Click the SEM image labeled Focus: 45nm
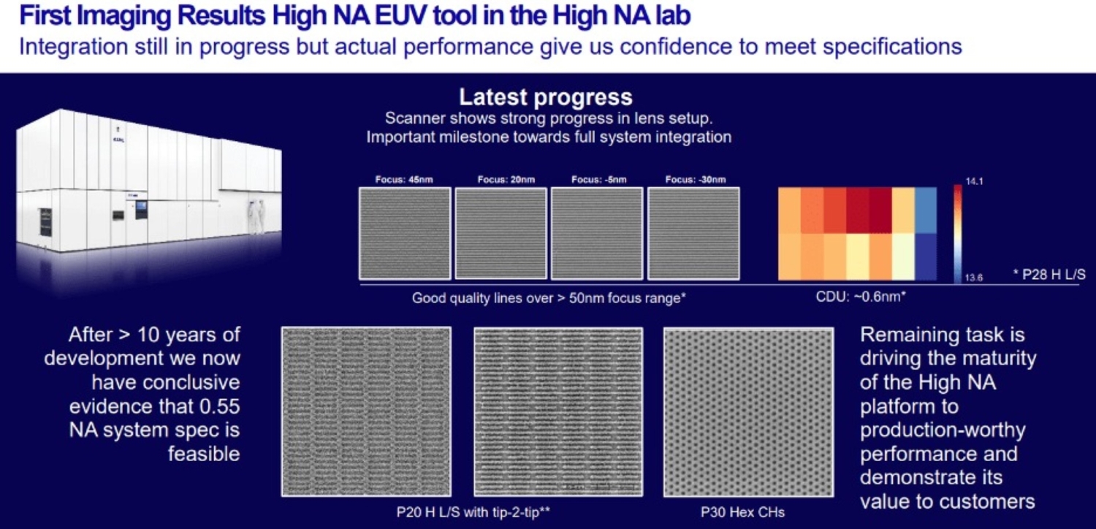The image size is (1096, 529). (405, 233)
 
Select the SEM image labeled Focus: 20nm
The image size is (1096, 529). (501, 233)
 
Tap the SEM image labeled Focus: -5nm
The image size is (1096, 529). (597, 233)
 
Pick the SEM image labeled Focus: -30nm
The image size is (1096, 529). (693, 233)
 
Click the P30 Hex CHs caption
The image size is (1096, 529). (742, 512)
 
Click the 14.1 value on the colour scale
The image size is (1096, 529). (975, 182)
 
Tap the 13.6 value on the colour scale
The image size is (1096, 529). (975, 278)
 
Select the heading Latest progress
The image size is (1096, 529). (545, 97)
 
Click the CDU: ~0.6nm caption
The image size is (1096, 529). (861, 297)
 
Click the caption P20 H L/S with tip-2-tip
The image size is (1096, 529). (473, 512)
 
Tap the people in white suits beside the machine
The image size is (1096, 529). (256, 215)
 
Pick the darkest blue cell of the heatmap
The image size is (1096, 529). (926, 257)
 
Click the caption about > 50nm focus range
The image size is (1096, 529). (549, 297)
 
